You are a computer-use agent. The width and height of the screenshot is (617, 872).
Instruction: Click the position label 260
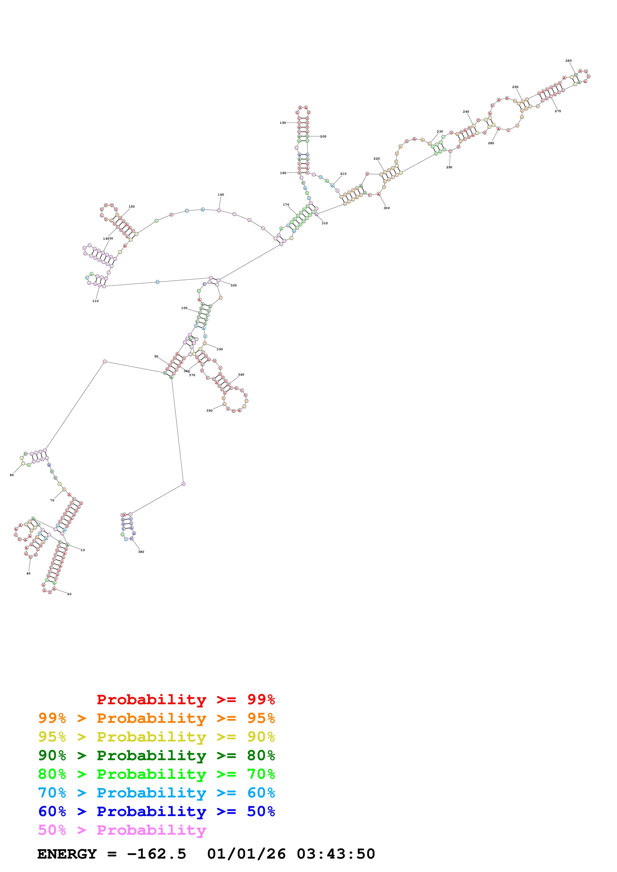(x=568, y=61)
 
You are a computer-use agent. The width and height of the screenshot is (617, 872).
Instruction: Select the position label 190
(x=283, y=123)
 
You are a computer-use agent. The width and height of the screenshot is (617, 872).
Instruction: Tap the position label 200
(x=323, y=136)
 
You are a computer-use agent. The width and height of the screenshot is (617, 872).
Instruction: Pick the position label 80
(x=12, y=475)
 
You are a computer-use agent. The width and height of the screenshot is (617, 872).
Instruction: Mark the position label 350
(x=210, y=411)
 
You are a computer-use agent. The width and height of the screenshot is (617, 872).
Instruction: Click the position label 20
(x=69, y=594)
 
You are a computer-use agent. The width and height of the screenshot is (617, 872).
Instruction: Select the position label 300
(x=387, y=208)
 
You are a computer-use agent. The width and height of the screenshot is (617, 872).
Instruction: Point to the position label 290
(x=449, y=167)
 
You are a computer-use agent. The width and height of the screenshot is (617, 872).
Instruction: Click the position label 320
(x=233, y=285)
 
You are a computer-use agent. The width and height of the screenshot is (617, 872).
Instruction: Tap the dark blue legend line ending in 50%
(x=156, y=811)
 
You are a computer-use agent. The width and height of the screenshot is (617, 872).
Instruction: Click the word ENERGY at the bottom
(x=67, y=854)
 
